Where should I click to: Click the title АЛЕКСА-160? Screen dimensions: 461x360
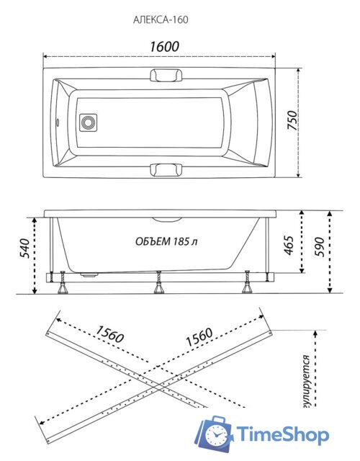tap(161, 19)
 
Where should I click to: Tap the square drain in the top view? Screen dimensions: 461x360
tap(89, 122)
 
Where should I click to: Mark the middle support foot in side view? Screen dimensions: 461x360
tap(158, 283)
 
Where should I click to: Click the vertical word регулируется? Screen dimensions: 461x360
tap(307, 382)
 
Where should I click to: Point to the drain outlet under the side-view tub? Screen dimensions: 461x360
tap(89, 274)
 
